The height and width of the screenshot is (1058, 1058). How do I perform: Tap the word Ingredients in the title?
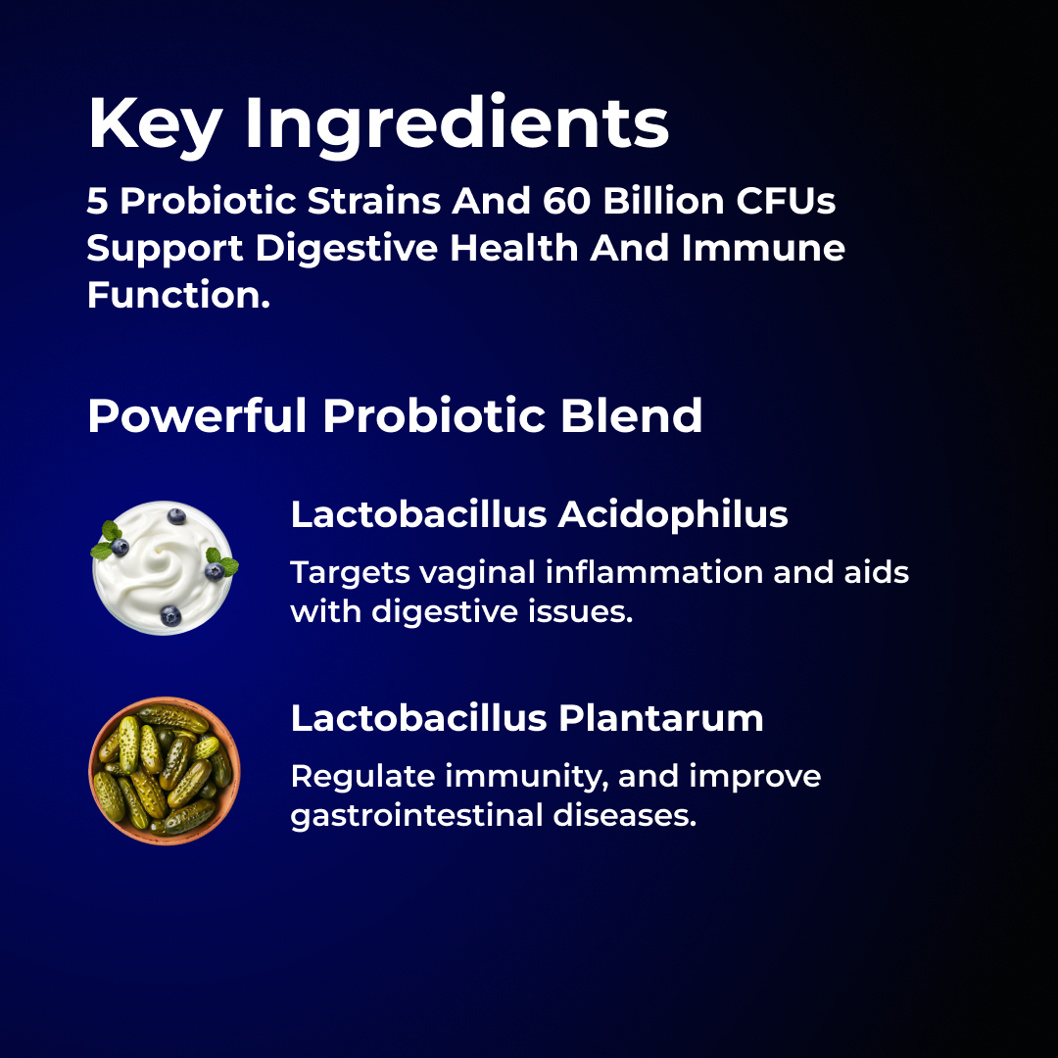click(x=457, y=124)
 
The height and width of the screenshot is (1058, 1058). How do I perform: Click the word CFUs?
click(x=791, y=202)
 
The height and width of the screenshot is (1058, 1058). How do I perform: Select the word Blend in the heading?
click(x=632, y=415)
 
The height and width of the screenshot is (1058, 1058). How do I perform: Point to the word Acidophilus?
click(x=673, y=514)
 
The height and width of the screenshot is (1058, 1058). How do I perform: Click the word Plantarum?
click(x=661, y=719)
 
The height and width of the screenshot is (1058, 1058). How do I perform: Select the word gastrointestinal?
click(x=420, y=815)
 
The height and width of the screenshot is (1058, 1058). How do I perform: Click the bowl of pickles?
click(x=165, y=771)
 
